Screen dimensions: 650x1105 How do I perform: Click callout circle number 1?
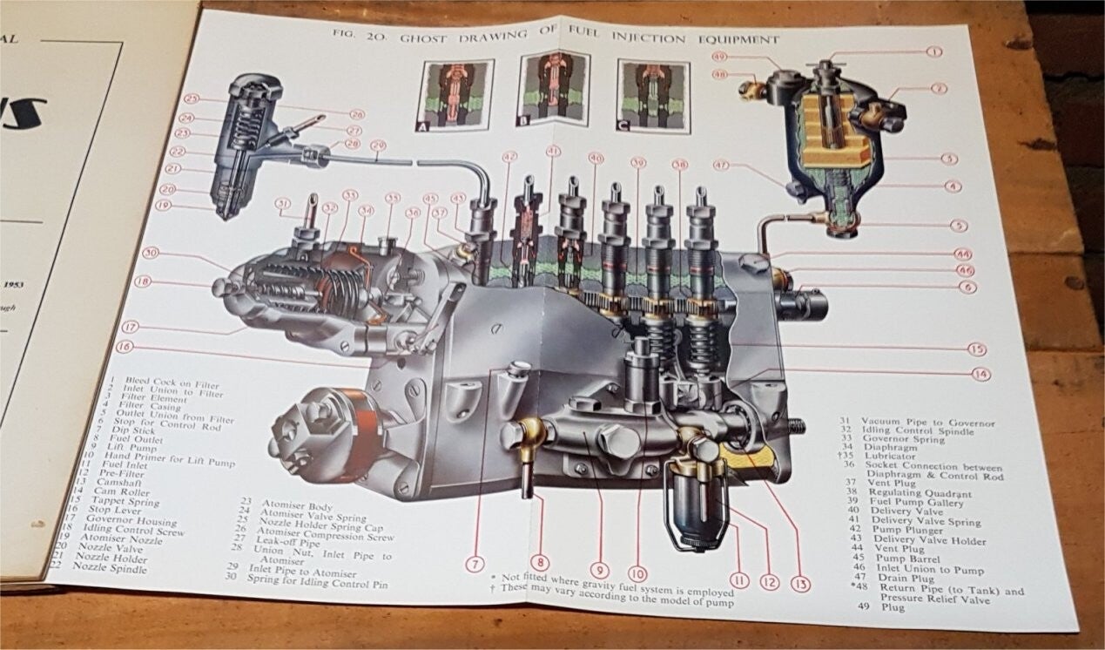click(933, 51)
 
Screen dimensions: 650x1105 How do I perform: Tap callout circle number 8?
click(539, 562)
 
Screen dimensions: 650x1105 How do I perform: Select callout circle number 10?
click(638, 573)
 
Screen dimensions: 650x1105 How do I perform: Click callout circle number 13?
click(801, 585)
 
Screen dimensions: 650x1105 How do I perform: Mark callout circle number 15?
click(976, 349)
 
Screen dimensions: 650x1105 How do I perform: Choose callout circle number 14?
click(981, 374)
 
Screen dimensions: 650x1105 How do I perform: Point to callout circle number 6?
click(968, 287)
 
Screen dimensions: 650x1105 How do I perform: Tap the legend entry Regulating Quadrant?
click(928, 494)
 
